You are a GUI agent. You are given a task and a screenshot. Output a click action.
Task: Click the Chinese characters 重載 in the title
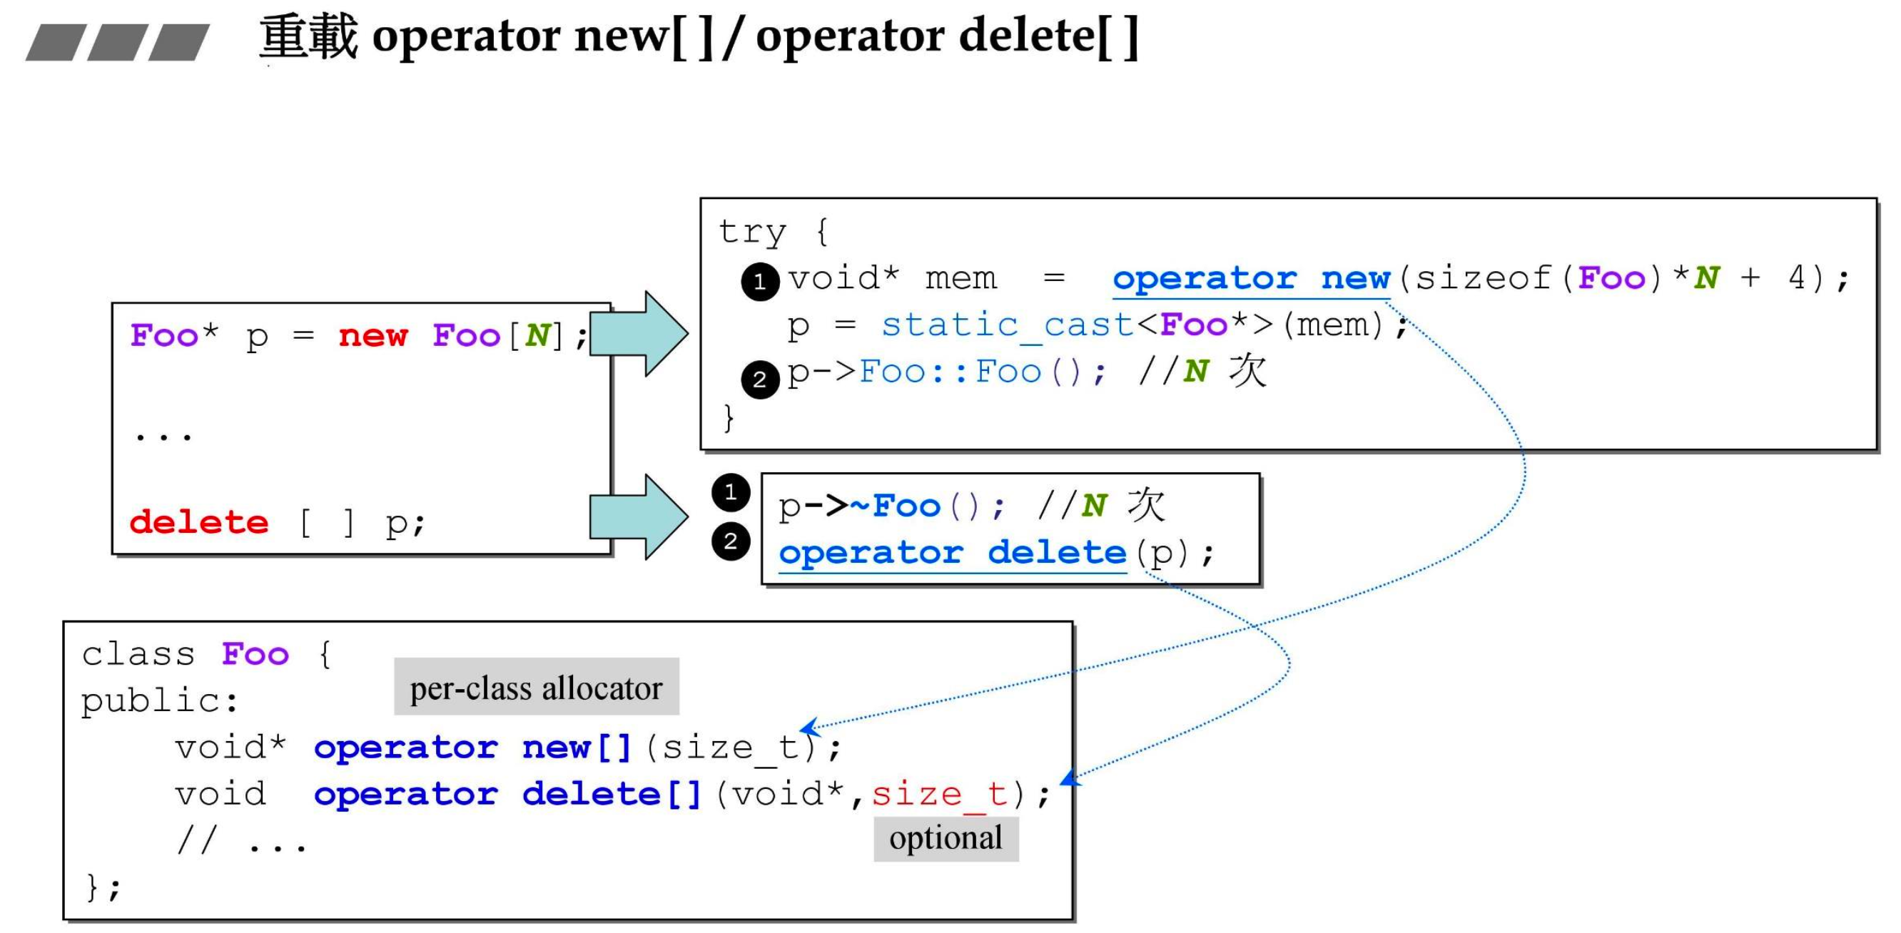308,37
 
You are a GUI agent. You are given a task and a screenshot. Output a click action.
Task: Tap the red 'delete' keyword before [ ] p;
199,522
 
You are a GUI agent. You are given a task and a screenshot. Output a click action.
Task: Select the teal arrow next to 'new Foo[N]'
639,334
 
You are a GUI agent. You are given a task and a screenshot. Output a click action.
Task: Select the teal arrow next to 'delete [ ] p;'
639,517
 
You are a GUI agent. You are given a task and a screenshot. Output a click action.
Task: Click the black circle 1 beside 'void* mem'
760,282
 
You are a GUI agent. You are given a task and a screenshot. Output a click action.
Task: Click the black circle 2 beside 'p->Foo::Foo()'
760,380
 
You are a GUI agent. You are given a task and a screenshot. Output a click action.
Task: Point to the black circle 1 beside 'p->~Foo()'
731,492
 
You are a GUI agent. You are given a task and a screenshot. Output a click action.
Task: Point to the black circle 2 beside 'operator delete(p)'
731,541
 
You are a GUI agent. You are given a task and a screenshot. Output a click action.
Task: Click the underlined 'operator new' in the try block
1251,279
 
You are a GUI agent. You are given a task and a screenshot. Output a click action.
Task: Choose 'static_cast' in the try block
1008,325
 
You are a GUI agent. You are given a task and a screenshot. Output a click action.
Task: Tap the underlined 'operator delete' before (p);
952,552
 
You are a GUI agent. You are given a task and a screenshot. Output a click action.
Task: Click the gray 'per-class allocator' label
537,688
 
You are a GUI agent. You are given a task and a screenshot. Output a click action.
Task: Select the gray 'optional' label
946,839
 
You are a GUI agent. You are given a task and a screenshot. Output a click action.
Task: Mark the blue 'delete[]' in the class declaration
612,795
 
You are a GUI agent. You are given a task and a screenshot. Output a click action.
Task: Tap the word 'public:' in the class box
159,700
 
